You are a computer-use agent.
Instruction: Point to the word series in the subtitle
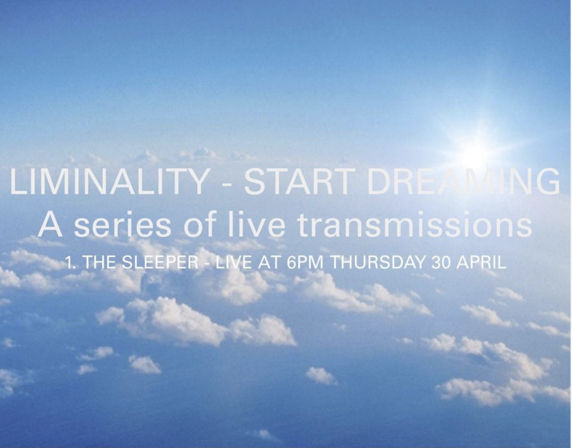(x=122, y=225)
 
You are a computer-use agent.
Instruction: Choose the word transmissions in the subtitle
(x=414, y=225)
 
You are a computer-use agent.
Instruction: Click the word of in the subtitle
(x=201, y=225)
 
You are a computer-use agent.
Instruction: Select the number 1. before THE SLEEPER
(x=71, y=262)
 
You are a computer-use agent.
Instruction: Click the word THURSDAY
(x=378, y=262)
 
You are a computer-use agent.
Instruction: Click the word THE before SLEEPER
(x=98, y=262)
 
